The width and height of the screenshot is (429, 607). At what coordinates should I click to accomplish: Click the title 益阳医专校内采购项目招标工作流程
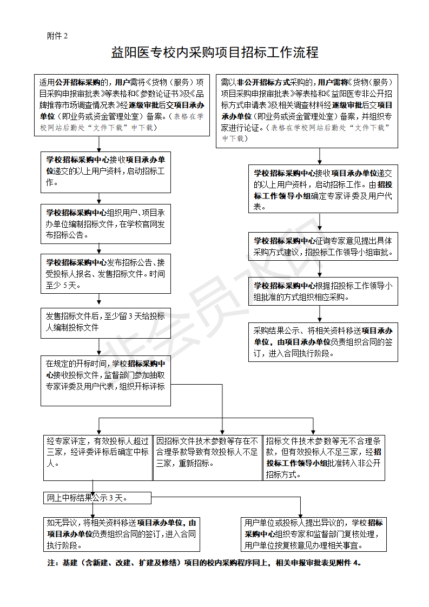pos(214,52)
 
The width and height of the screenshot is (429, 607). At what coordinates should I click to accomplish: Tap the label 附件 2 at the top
pos(57,36)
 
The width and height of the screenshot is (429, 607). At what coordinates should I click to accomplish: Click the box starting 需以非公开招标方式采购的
pos(307,110)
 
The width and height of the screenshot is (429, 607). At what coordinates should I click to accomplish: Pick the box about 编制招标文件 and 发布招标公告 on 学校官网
pos(106,223)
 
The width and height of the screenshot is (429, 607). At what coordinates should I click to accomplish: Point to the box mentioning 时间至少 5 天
pos(106,273)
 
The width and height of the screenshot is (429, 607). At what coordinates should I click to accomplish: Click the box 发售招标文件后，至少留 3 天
pos(106,322)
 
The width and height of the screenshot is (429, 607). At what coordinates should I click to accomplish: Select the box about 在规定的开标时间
pos(106,381)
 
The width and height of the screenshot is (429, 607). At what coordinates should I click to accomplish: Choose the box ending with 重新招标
pos(208,458)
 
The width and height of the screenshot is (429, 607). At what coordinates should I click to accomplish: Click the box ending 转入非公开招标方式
pos(324,458)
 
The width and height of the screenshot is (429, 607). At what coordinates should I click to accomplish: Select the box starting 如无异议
pos(120,535)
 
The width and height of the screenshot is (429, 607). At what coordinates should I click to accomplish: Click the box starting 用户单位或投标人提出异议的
pos(314,535)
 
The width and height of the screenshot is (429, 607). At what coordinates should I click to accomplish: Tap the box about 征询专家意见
pos(323,246)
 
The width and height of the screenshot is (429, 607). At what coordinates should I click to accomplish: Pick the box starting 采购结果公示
pos(323,342)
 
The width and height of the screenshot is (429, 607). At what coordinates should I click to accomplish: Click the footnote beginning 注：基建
pos(204,563)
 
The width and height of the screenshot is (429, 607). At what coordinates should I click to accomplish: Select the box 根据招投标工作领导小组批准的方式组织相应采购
pos(323,291)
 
